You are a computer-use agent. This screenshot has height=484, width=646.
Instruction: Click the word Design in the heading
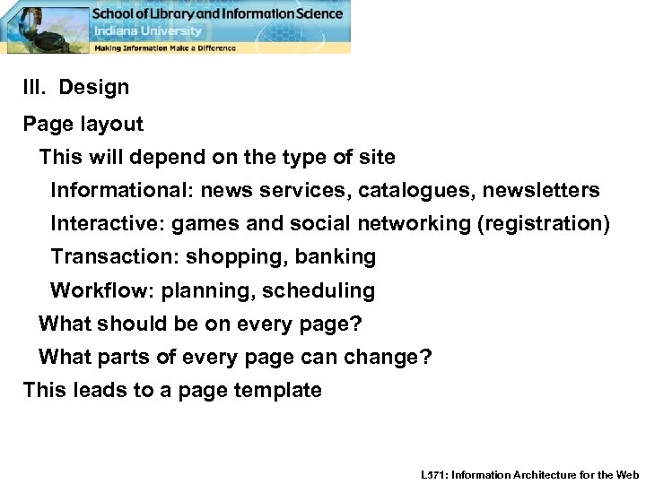point(94,88)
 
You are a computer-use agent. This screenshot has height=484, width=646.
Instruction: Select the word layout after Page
point(112,124)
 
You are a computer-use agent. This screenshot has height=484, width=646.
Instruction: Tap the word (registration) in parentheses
point(544,223)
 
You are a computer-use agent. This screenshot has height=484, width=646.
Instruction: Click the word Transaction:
point(115,257)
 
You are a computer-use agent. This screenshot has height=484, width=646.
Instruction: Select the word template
point(277,390)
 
